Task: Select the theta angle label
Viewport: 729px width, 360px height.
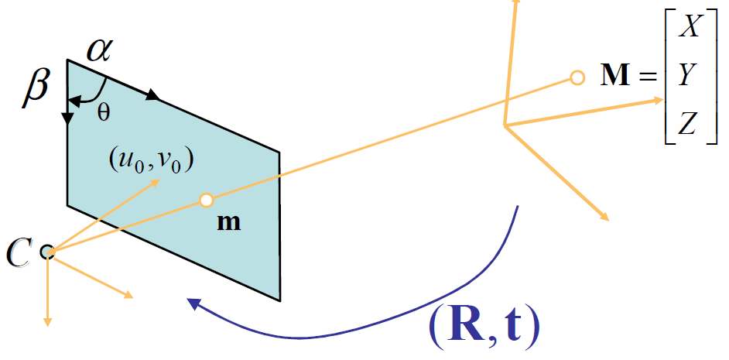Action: (x=104, y=111)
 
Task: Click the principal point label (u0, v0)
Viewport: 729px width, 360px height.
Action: (x=150, y=161)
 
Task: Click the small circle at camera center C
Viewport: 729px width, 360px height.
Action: (x=46, y=252)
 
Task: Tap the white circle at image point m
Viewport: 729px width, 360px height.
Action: (x=206, y=201)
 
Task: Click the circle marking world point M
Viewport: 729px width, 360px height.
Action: (x=577, y=77)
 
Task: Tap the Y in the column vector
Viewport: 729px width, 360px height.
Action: (x=685, y=76)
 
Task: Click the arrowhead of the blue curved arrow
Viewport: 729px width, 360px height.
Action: (x=193, y=305)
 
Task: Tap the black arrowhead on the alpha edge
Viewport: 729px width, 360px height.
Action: (x=154, y=96)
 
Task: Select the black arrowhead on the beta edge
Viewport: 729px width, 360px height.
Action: (x=67, y=118)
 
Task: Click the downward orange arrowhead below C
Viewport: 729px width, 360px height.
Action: (x=48, y=321)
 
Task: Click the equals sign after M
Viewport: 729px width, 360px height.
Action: (x=649, y=77)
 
